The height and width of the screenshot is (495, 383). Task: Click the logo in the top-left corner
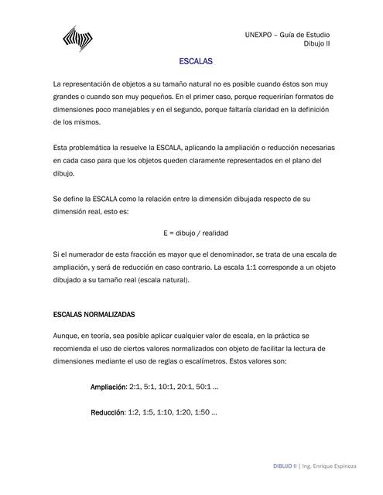[77, 37]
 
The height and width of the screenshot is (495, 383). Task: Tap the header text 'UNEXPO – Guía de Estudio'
[287, 35]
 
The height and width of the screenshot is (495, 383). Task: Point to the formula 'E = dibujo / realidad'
[196, 233]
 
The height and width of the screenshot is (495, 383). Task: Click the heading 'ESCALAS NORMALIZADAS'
[94, 316]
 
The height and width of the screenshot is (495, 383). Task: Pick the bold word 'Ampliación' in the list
[108, 387]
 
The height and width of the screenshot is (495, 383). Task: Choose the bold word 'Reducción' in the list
[108, 413]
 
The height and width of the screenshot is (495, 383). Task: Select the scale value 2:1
[135, 387]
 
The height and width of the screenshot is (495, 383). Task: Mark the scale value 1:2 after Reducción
[135, 413]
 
